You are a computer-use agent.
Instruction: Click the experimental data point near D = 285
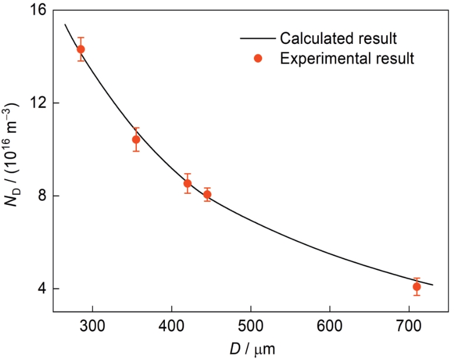pos(81,49)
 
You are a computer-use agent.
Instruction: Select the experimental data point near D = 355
pos(136,139)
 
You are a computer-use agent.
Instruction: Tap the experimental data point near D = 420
pos(187,183)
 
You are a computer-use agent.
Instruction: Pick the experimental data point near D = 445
pos(207,194)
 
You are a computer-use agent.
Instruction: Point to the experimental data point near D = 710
pos(416,287)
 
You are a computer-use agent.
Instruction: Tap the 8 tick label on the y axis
pos(42,196)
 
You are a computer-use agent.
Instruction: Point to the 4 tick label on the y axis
pos(42,289)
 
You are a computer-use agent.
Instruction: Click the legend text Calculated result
pos(339,39)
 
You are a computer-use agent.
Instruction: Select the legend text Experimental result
pos(347,59)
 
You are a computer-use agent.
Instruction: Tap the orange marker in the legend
pos(258,59)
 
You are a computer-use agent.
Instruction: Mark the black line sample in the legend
pos(257,39)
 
